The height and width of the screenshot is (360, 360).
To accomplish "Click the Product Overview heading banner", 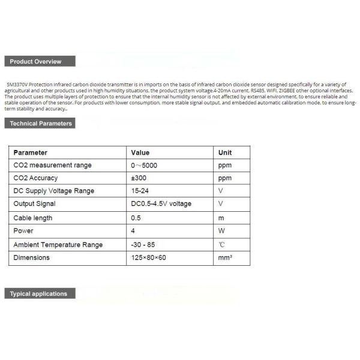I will point(41,62).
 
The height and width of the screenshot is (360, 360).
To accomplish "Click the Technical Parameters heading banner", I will point(41,124).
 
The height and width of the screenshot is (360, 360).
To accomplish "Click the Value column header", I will point(140,152).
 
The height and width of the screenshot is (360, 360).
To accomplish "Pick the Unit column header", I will point(224,152).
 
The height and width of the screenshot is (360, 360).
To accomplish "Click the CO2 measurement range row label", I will point(52,166).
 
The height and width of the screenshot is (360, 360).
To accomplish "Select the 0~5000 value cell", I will point(145,166).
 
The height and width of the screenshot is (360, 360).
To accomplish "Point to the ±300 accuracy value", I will point(139,178).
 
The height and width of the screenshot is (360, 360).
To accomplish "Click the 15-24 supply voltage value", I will point(139,191).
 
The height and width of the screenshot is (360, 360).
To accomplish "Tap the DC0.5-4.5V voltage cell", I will point(161,204).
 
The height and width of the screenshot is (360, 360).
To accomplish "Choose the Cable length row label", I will point(32,218).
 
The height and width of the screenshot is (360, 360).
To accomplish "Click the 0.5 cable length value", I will point(136,218).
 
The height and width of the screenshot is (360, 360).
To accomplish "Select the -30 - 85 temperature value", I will point(142,244).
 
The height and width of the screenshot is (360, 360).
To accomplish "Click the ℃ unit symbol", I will point(221,244).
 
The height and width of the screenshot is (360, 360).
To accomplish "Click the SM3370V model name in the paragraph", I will point(17,85).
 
